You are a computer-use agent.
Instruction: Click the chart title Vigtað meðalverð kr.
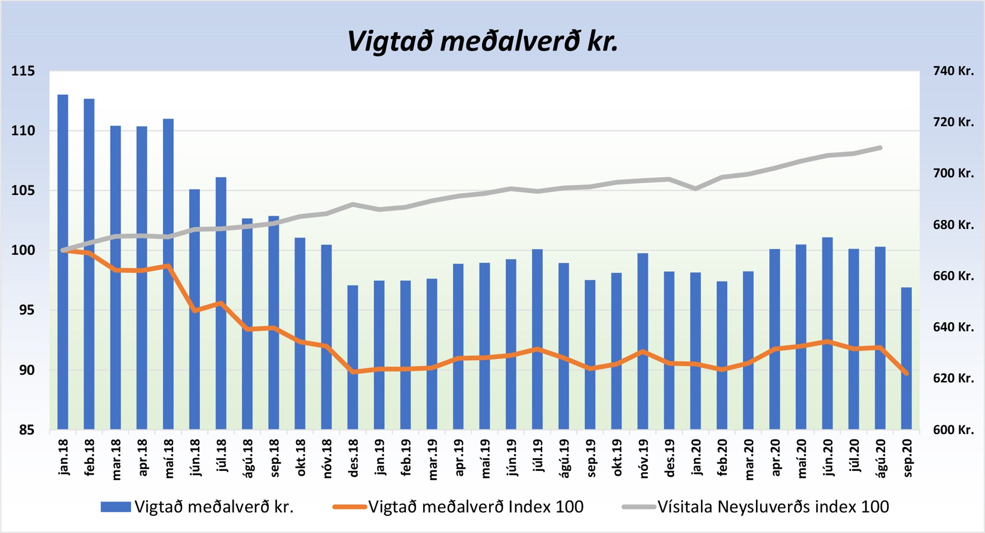[x=483, y=41]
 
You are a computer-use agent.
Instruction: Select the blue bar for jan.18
[x=63, y=261]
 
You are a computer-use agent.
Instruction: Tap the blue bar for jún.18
[x=195, y=309]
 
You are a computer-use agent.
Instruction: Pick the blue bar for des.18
[x=353, y=357]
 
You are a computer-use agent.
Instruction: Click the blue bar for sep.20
[x=906, y=358]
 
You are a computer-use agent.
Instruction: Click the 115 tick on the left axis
[x=23, y=71]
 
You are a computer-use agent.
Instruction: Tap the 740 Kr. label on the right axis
[x=953, y=71]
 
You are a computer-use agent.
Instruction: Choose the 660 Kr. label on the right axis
[x=953, y=276]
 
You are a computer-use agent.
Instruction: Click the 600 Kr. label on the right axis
[x=953, y=430]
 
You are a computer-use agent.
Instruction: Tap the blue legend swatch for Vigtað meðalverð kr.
[x=116, y=507]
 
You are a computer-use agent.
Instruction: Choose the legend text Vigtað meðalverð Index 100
[x=476, y=507]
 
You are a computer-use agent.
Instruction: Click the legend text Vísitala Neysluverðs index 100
[x=773, y=507]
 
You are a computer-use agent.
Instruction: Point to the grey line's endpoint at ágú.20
[x=880, y=148]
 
